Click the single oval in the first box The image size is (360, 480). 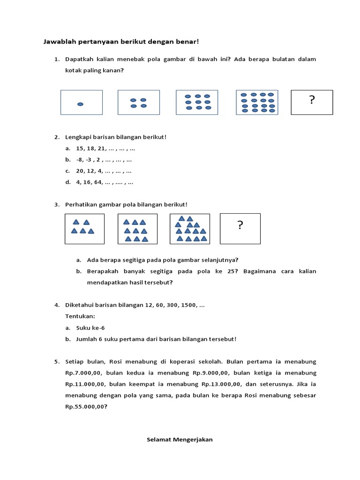(80, 104)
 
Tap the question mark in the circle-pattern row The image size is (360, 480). (312, 100)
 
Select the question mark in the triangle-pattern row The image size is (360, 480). (240, 225)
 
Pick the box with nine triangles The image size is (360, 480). (137, 229)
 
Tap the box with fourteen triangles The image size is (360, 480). (190, 229)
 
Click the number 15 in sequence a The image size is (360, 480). (80, 149)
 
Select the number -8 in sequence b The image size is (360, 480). (79, 160)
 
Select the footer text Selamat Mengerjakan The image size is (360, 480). (180, 440)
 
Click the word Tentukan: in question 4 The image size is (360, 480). (80, 316)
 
